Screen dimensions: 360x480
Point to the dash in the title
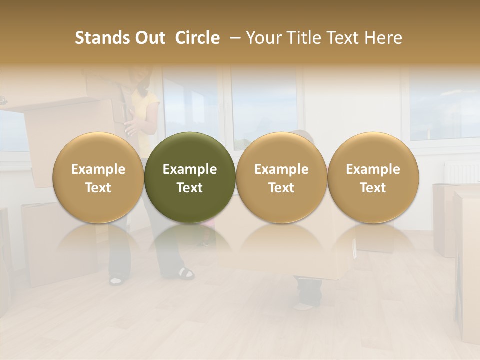click(233, 38)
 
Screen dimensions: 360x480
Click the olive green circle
click(190, 177)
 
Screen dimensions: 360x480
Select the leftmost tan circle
click(98, 177)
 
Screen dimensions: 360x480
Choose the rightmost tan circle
click(373, 177)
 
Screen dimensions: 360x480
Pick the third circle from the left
click(281, 177)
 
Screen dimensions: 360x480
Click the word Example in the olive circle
click(190, 169)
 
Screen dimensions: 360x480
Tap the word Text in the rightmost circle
click(373, 188)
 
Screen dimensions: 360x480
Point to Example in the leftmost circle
click(98, 169)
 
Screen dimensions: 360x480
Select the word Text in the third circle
click(281, 188)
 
